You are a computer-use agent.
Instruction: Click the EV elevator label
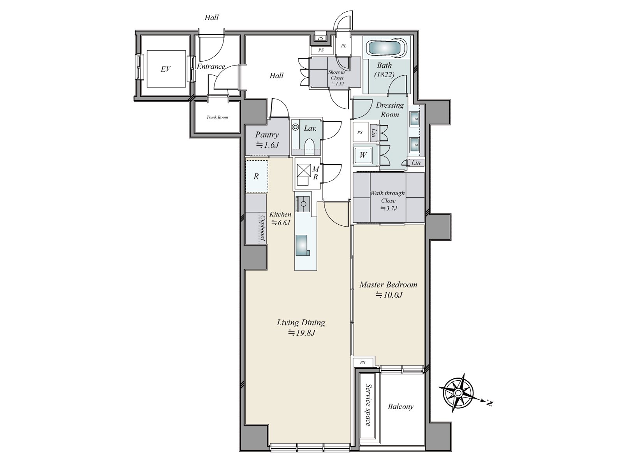pyautogui.click(x=165, y=69)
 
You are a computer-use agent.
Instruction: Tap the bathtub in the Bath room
pyautogui.click(x=387, y=48)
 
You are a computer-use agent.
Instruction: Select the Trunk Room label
pyautogui.click(x=217, y=117)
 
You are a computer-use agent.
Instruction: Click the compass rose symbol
pyautogui.click(x=458, y=393)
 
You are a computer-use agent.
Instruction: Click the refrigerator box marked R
pyautogui.click(x=257, y=176)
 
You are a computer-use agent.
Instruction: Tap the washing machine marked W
pyautogui.click(x=363, y=155)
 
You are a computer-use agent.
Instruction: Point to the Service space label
pyautogui.click(x=368, y=405)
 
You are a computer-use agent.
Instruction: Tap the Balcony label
pyautogui.click(x=401, y=407)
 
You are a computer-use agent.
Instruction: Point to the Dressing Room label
pyautogui.click(x=390, y=110)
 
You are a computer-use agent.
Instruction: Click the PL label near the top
pyautogui.click(x=343, y=46)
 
